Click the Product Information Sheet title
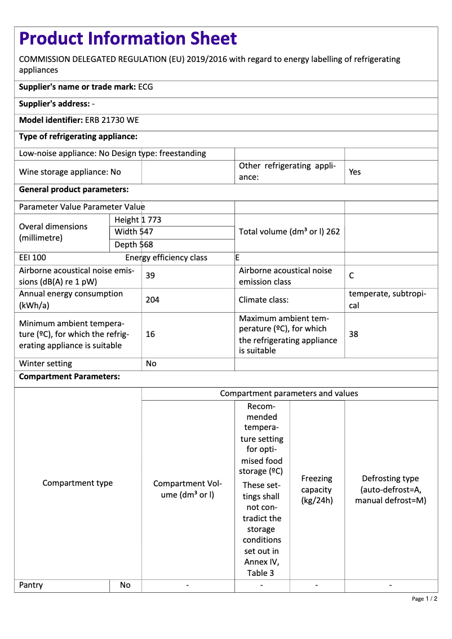tap(128, 38)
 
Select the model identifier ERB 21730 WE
tap(112, 120)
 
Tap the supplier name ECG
tap(145, 87)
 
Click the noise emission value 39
tap(150, 276)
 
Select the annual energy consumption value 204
tap(152, 300)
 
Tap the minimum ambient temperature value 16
tap(150, 334)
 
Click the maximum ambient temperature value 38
tap(353, 334)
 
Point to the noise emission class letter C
tap(352, 276)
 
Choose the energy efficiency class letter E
tap(237, 258)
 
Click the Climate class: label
tap(264, 300)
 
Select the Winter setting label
tap(46, 363)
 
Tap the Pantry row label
tap(31, 585)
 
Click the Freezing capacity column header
tap(317, 489)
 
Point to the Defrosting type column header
tap(391, 489)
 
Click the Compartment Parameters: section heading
tap(69, 376)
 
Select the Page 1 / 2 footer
tap(424, 598)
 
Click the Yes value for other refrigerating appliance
tap(354, 172)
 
